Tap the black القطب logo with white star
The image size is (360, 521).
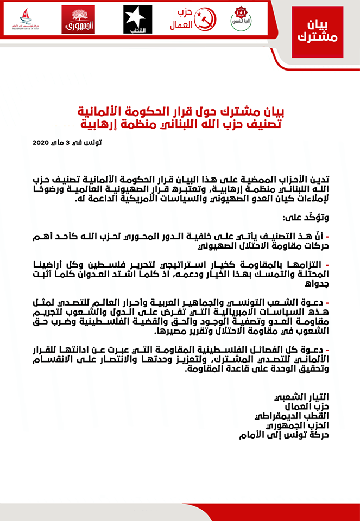138,19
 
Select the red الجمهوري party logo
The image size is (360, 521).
78,20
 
